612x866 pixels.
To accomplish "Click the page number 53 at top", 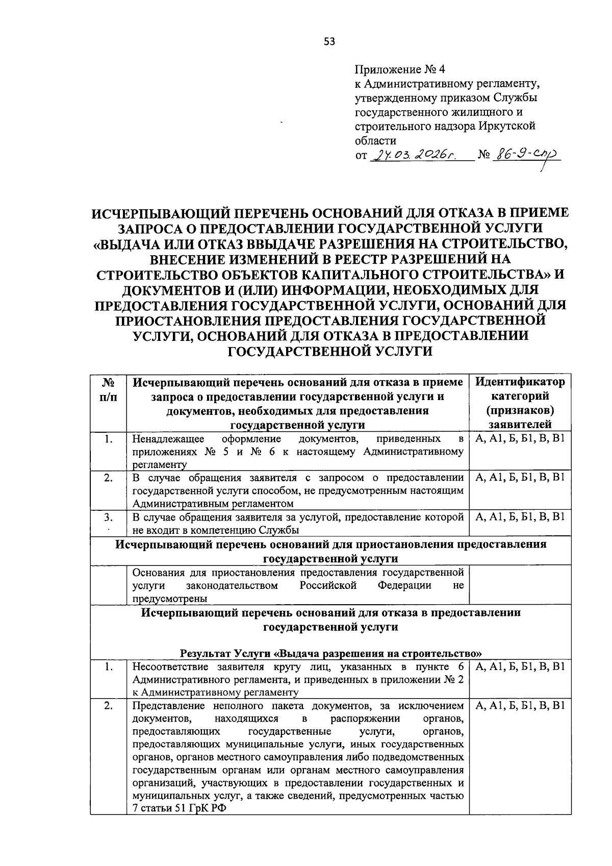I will (329, 42).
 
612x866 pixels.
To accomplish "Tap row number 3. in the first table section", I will (108, 517).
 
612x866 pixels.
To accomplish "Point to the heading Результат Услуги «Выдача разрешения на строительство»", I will (331, 653).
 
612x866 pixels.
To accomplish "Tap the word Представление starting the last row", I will (164, 706).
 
